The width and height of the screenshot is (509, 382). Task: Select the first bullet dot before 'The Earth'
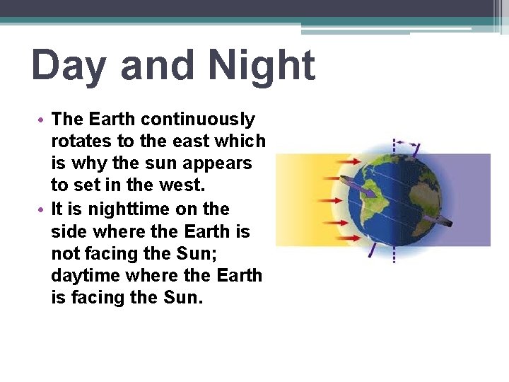coord(44,120)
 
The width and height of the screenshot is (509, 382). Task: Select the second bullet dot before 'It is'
coord(44,209)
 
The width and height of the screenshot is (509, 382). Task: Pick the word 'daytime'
coord(85,275)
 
